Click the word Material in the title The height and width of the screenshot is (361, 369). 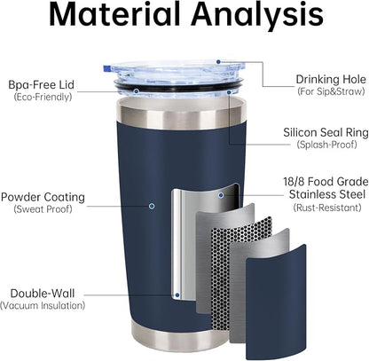click(x=114, y=15)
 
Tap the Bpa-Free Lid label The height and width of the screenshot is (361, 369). click(x=41, y=85)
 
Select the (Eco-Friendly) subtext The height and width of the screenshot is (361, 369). click(x=43, y=97)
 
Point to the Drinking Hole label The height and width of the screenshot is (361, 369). click(x=331, y=79)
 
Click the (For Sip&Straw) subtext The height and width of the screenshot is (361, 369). click(x=331, y=91)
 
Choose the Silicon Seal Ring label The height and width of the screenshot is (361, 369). click(x=326, y=132)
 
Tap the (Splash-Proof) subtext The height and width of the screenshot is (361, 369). click(x=326, y=145)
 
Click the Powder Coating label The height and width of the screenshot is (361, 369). click(x=43, y=197)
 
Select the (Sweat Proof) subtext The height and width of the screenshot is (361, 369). click(x=43, y=209)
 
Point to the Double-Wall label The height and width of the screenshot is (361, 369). click(x=43, y=294)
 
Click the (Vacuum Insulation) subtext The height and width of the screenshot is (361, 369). click(x=43, y=305)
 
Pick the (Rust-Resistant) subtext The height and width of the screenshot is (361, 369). click(x=327, y=208)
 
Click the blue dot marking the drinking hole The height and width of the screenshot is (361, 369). click(x=218, y=61)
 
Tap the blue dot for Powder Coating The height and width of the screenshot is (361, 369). click(x=152, y=206)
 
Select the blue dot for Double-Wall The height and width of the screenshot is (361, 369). click(x=177, y=295)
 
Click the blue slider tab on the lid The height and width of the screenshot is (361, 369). click(x=106, y=68)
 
